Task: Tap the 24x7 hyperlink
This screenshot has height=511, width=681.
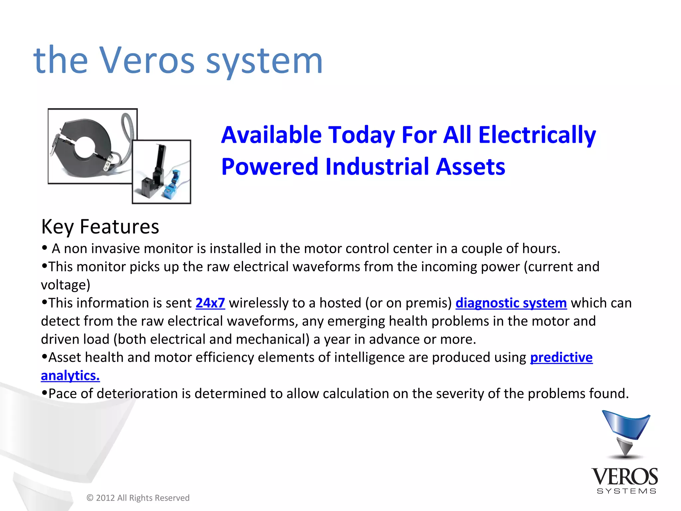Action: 210,303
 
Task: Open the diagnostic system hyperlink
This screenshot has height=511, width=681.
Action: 511,303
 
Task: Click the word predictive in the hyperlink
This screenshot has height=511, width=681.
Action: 561,357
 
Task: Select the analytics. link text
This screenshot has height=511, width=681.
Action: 70,376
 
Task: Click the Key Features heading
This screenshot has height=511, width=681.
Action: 100,227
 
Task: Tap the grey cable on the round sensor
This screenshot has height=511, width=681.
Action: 128,133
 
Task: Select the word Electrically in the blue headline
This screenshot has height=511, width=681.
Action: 537,135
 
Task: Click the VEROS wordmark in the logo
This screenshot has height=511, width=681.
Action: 624,477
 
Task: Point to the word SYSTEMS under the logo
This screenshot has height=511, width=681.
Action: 626,491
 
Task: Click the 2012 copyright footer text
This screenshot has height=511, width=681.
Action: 138,498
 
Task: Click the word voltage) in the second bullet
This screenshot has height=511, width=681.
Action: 66,285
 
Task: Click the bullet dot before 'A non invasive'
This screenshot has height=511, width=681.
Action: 45,248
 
